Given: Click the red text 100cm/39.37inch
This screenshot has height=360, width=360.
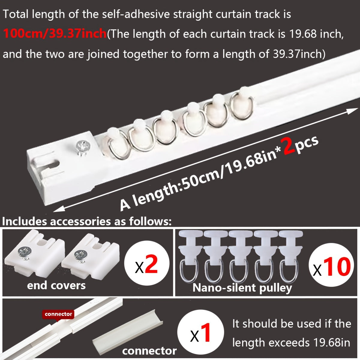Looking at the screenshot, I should [x=55, y=34].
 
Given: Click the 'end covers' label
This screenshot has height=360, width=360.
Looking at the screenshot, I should [x=56, y=285].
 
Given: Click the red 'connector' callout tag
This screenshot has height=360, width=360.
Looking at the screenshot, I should [x=58, y=314].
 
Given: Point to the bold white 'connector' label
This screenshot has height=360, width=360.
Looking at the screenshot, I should [x=149, y=351].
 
